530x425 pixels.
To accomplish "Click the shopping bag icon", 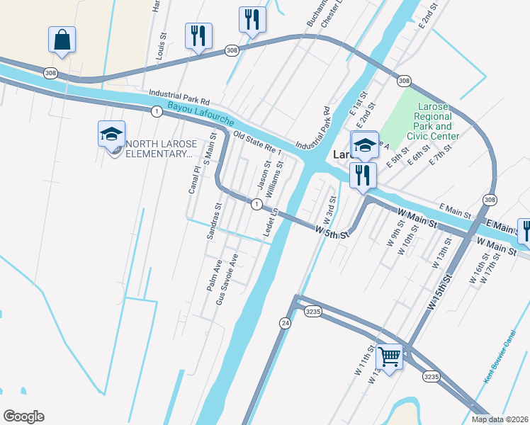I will [x=62, y=40].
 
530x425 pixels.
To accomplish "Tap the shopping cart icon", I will [x=389, y=356].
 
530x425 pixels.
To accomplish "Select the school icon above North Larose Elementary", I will [x=111, y=134].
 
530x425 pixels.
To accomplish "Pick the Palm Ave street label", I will [x=214, y=276].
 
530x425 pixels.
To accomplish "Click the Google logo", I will [x=23, y=416].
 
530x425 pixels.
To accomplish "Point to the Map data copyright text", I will [x=499, y=419].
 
